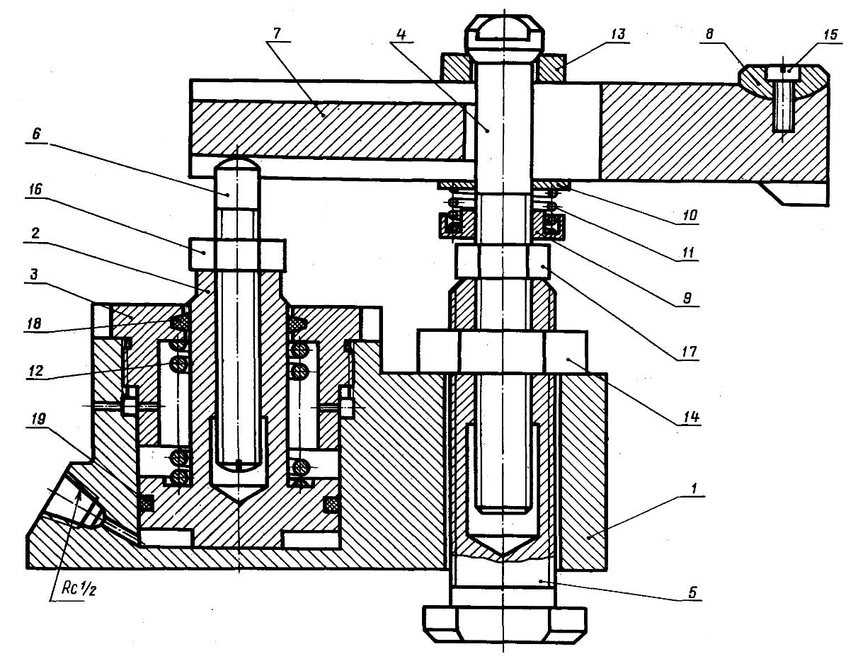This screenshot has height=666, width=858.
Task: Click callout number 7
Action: (x=276, y=33)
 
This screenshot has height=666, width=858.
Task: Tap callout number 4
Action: (x=401, y=35)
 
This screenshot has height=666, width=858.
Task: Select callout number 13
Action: (x=618, y=35)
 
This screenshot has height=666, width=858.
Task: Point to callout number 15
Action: (x=830, y=35)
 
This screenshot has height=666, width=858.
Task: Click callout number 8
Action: (x=709, y=34)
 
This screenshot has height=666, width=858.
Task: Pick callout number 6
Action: (x=36, y=134)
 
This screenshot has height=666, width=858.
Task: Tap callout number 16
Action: (x=35, y=189)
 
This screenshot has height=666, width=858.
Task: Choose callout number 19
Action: (x=38, y=420)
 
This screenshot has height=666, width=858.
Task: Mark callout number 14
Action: (x=692, y=417)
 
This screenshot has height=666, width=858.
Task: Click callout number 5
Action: (x=692, y=592)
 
